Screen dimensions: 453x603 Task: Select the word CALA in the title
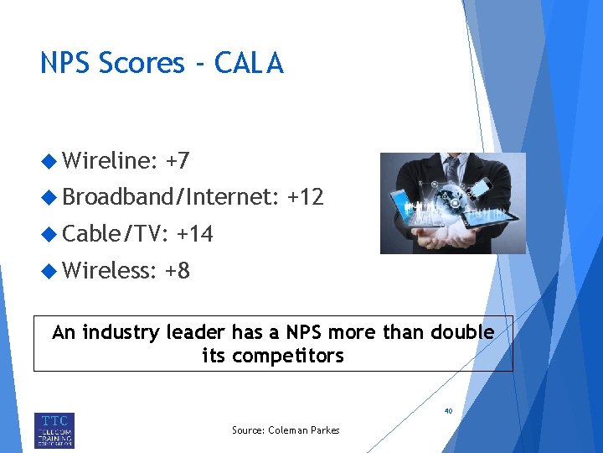(249, 63)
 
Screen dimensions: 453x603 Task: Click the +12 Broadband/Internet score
(305, 197)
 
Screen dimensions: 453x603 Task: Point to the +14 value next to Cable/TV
(194, 234)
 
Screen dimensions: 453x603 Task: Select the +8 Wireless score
(177, 270)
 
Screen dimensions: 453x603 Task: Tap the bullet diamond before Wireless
(49, 270)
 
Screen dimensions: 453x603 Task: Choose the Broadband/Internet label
(170, 198)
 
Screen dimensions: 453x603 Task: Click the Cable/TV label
(116, 234)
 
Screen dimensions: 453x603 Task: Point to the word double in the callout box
(462, 332)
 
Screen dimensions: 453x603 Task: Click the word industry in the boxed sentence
(118, 332)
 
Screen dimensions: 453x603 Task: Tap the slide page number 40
(448, 412)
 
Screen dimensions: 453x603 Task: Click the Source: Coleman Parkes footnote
(286, 430)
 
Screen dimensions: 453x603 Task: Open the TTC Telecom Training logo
(54, 429)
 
